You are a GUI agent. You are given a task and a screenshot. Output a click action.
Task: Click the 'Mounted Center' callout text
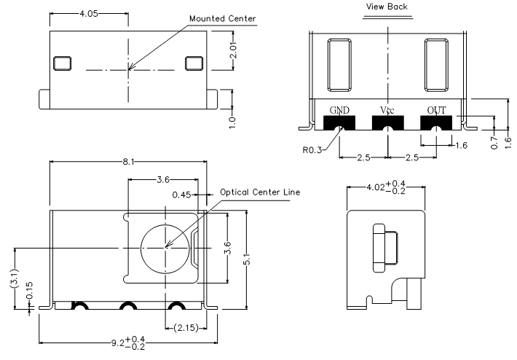click(223, 19)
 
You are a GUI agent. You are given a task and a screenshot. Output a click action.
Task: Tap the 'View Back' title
click(387, 7)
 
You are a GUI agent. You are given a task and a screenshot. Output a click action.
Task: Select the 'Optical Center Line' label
click(260, 192)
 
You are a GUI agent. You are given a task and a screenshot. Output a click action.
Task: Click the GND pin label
click(339, 110)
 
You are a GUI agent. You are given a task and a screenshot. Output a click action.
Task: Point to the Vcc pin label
click(387, 110)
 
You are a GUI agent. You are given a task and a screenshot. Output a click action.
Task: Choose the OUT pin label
click(437, 110)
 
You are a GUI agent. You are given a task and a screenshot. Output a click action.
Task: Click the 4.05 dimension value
click(89, 14)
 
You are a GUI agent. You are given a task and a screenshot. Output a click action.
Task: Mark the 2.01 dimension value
click(233, 50)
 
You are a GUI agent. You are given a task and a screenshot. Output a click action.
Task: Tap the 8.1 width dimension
click(128, 162)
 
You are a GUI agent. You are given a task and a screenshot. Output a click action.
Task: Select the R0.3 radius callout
click(312, 150)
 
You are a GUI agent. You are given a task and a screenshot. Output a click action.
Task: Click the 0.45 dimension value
click(181, 195)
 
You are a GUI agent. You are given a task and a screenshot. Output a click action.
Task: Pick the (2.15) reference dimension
click(186, 328)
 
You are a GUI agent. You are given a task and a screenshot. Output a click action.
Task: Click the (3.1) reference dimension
click(15, 280)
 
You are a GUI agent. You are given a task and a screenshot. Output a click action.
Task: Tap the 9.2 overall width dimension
click(128, 343)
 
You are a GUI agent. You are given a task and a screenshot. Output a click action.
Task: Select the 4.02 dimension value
click(386, 187)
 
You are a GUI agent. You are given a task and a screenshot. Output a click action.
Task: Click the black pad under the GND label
click(339, 122)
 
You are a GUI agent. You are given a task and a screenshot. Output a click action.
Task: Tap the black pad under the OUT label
click(437, 122)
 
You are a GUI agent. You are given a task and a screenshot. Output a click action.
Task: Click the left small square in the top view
click(62, 63)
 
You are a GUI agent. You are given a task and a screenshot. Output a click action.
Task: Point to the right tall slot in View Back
click(436, 65)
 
